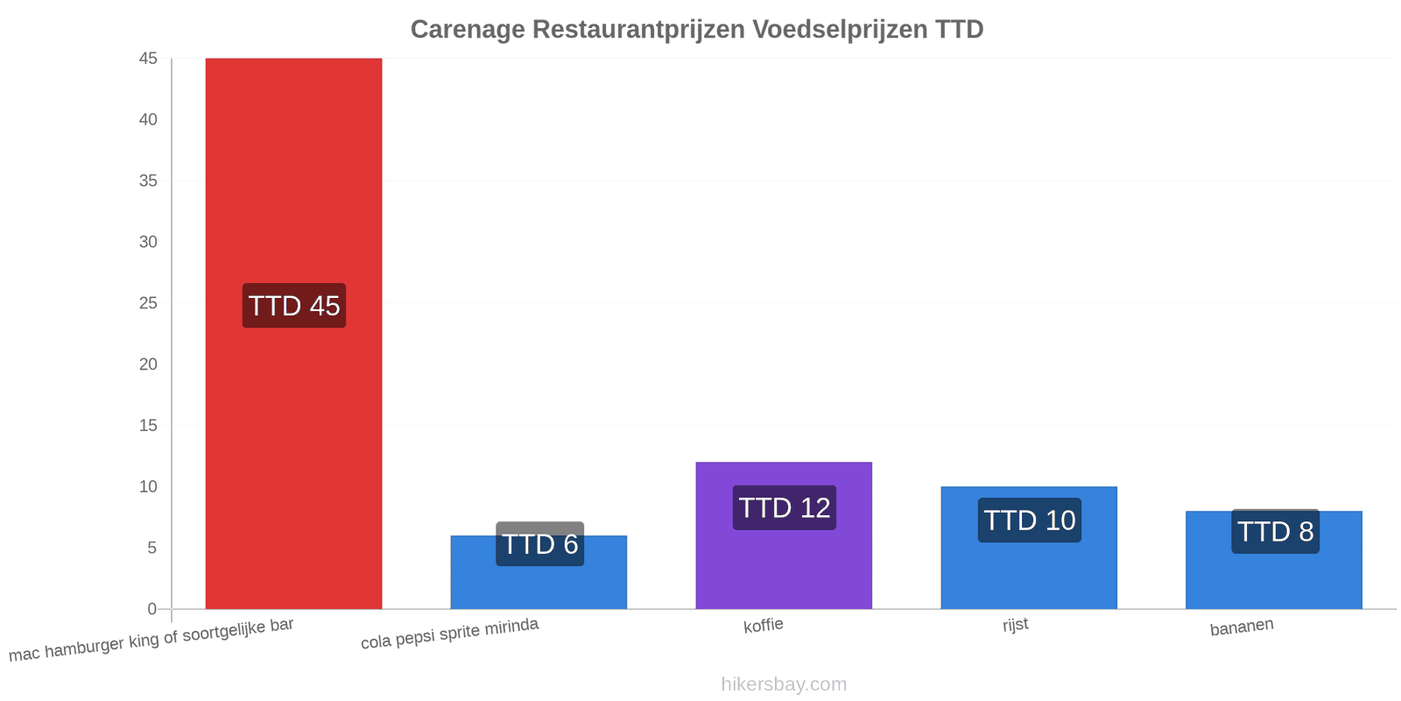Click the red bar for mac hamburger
coord(294,334)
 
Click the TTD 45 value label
coord(294,306)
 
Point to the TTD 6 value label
coord(539,544)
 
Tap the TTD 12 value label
coord(785,507)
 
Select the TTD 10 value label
coord(1030,520)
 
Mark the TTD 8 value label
coord(1275,531)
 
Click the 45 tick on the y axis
coord(148,59)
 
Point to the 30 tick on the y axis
coord(148,242)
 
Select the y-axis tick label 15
coord(148,426)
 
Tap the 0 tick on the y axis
coord(152,609)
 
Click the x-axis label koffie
coord(763,626)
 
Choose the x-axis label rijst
coord(1015,625)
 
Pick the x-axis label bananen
coord(1242,627)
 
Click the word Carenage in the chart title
coord(468,30)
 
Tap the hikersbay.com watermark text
coord(784,684)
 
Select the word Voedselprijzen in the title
coord(840,30)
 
